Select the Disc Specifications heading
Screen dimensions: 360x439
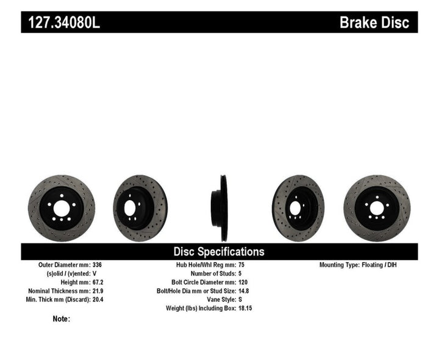219,251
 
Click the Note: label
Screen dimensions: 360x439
62,319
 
